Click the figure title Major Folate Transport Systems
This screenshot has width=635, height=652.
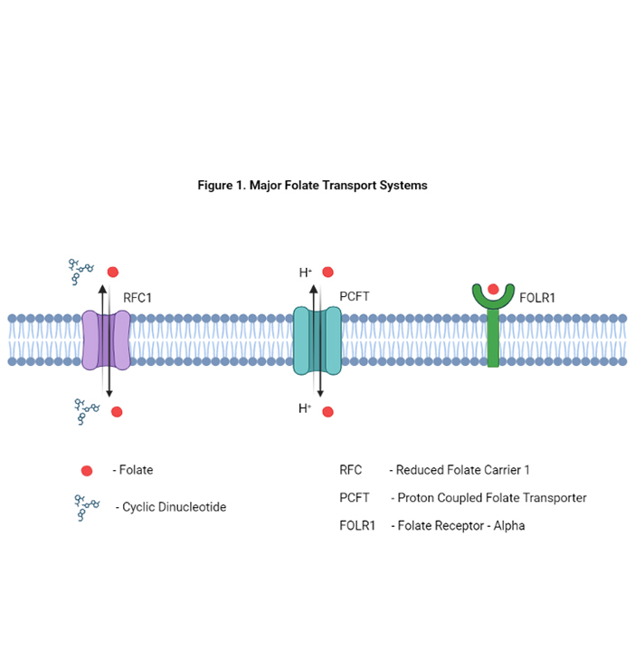click(312, 185)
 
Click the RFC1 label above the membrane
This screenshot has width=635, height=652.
click(138, 296)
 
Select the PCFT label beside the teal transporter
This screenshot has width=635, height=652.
click(355, 296)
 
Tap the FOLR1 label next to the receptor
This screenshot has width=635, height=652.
click(538, 296)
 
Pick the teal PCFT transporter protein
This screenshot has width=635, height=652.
click(317, 340)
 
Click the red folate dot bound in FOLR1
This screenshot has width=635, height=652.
click(493, 290)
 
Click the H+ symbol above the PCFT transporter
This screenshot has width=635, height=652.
click(305, 272)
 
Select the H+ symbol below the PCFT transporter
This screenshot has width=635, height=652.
click(305, 409)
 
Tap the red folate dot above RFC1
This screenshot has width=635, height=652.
click(113, 271)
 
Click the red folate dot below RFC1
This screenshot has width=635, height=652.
click(117, 412)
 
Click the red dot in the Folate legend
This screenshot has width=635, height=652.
click(87, 470)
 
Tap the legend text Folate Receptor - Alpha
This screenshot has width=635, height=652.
click(458, 525)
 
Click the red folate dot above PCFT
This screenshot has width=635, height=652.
click(327, 271)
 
